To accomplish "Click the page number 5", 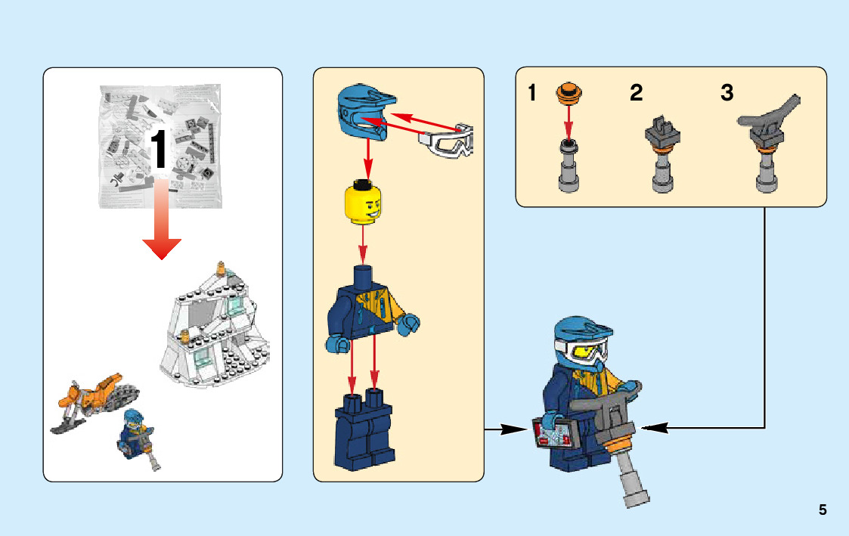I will tap(823, 510).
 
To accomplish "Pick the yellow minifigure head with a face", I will tap(364, 203).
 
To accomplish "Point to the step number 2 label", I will tap(636, 94).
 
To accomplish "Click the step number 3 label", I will tap(727, 94).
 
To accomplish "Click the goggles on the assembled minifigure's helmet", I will tap(582, 349).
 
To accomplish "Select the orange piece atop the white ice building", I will tap(222, 268).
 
